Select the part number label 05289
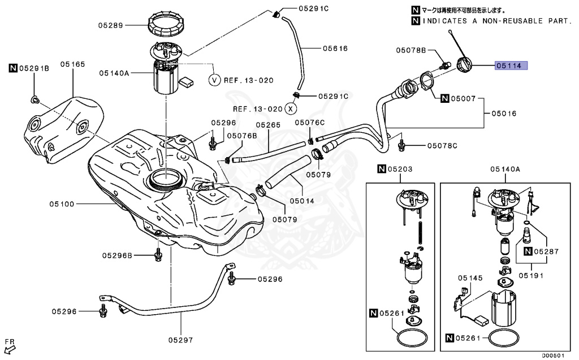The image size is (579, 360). (110, 25)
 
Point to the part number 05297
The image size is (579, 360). (180, 340)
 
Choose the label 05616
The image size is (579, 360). (335, 49)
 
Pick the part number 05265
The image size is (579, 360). (268, 125)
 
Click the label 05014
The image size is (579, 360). (302, 200)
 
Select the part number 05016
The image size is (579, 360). (503, 113)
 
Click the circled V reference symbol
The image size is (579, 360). (214, 80)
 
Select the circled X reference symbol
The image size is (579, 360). (290, 108)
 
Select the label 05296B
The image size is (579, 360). (117, 255)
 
